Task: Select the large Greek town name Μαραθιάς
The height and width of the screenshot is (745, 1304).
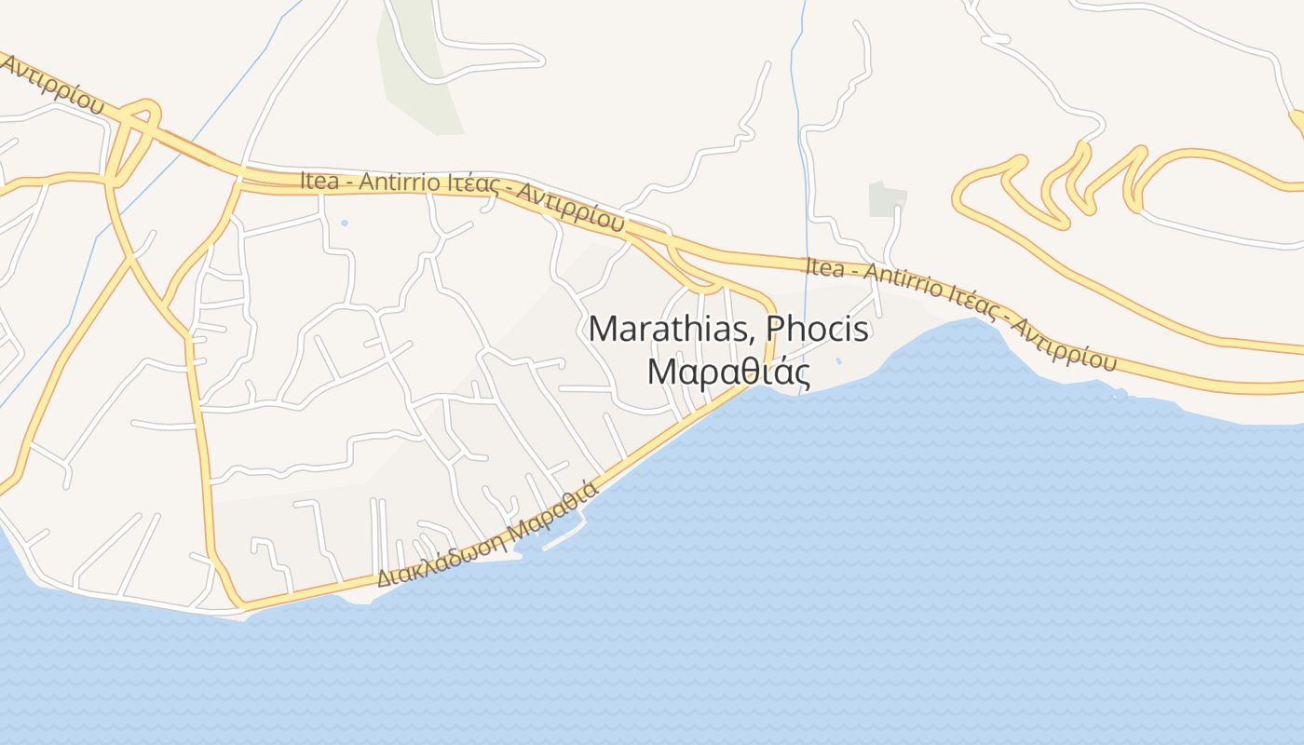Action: coord(728,372)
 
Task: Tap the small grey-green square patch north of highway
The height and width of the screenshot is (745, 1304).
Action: coord(887,199)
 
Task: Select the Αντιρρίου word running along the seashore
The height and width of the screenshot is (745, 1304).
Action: coord(1063,344)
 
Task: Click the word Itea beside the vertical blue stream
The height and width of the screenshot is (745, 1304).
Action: coord(823,268)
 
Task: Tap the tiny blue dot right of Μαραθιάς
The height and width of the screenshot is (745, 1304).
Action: coord(838,361)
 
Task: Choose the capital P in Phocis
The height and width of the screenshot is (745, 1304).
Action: coord(776,329)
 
